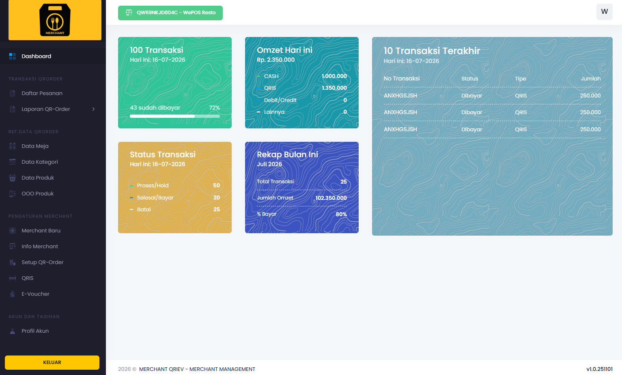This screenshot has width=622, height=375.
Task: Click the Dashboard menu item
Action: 36,56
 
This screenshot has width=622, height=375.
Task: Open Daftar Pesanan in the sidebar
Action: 42,93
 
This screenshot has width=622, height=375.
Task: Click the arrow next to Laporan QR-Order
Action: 94,109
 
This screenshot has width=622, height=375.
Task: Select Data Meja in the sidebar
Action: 35,146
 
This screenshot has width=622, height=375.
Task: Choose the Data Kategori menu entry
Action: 40,162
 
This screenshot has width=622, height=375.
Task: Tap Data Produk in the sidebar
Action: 37,178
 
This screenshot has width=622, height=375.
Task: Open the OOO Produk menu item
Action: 37,193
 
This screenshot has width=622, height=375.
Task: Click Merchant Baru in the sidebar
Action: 41,230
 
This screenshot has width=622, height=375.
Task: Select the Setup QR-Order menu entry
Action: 42,262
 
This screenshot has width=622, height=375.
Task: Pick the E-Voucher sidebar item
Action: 35,294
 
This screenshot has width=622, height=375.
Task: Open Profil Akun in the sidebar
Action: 35,331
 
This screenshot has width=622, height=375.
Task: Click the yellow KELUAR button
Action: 52,362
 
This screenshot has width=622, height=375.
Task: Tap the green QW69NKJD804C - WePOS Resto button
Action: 170,13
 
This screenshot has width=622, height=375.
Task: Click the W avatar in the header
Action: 604,12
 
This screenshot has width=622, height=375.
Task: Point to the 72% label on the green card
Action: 214,108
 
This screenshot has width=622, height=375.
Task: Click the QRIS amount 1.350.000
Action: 334,88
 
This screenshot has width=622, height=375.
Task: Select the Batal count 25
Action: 217,209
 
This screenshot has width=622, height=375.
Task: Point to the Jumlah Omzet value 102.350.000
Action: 331,198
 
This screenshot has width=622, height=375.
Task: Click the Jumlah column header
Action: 591,79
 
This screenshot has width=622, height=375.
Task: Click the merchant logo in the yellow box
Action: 55,20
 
